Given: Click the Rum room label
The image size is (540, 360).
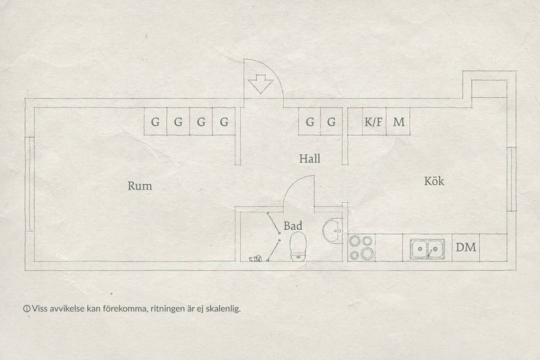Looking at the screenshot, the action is (x=140, y=186).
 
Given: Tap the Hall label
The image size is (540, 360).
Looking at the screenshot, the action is (x=309, y=159).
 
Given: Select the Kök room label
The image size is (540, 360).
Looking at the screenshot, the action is (x=434, y=181).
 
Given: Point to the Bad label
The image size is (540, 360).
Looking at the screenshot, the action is (x=293, y=226).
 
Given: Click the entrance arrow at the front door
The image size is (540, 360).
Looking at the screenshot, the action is (x=260, y=84).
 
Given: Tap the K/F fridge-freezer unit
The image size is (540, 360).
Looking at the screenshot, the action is (x=373, y=121).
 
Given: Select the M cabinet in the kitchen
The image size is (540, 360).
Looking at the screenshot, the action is (x=398, y=121).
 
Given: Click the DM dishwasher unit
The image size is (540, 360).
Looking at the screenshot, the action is (x=466, y=247).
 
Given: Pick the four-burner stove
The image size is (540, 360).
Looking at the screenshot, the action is (x=361, y=247).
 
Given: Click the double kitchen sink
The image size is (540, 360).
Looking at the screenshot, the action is (x=427, y=249).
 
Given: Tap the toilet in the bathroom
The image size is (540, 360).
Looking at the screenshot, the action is (x=298, y=246).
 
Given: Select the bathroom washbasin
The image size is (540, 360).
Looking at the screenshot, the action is (x=332, y=231).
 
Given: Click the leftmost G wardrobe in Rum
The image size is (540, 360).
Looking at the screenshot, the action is (x=155, y=121).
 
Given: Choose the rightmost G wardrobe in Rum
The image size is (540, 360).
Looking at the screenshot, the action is (x=224, y=121).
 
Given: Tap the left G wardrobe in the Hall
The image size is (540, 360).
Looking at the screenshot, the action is (x=309, y=121).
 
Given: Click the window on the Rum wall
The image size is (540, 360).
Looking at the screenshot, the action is (x=30, y=184).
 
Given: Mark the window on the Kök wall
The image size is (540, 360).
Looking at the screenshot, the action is (x=512, y=179).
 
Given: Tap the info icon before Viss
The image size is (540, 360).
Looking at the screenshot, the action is (x=26, y=309).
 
